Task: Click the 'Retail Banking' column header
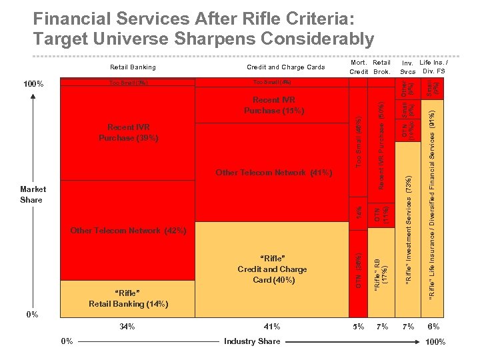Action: [x=133, y=67]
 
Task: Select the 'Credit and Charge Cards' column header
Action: [x=285, y=67]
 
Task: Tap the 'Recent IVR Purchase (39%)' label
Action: [x=128, y=133]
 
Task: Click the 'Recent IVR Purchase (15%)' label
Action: [x=273, y=105]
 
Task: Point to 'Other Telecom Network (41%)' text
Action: [x=273, y=173]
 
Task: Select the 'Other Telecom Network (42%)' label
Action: [x=128, y=231]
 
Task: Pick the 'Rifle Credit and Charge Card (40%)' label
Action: [x=272, y=269]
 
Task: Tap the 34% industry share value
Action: [x=127, y=327]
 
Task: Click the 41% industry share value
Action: [x=272, y=327]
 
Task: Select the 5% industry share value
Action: [x=359, y=327]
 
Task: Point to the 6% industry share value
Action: [x=433, y=327]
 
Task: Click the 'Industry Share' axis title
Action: [x=252, y=341]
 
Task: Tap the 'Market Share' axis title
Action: [x=31, y=195]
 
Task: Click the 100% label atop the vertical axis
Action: [x=33, y=85]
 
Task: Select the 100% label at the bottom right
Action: [x=434, y=342]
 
